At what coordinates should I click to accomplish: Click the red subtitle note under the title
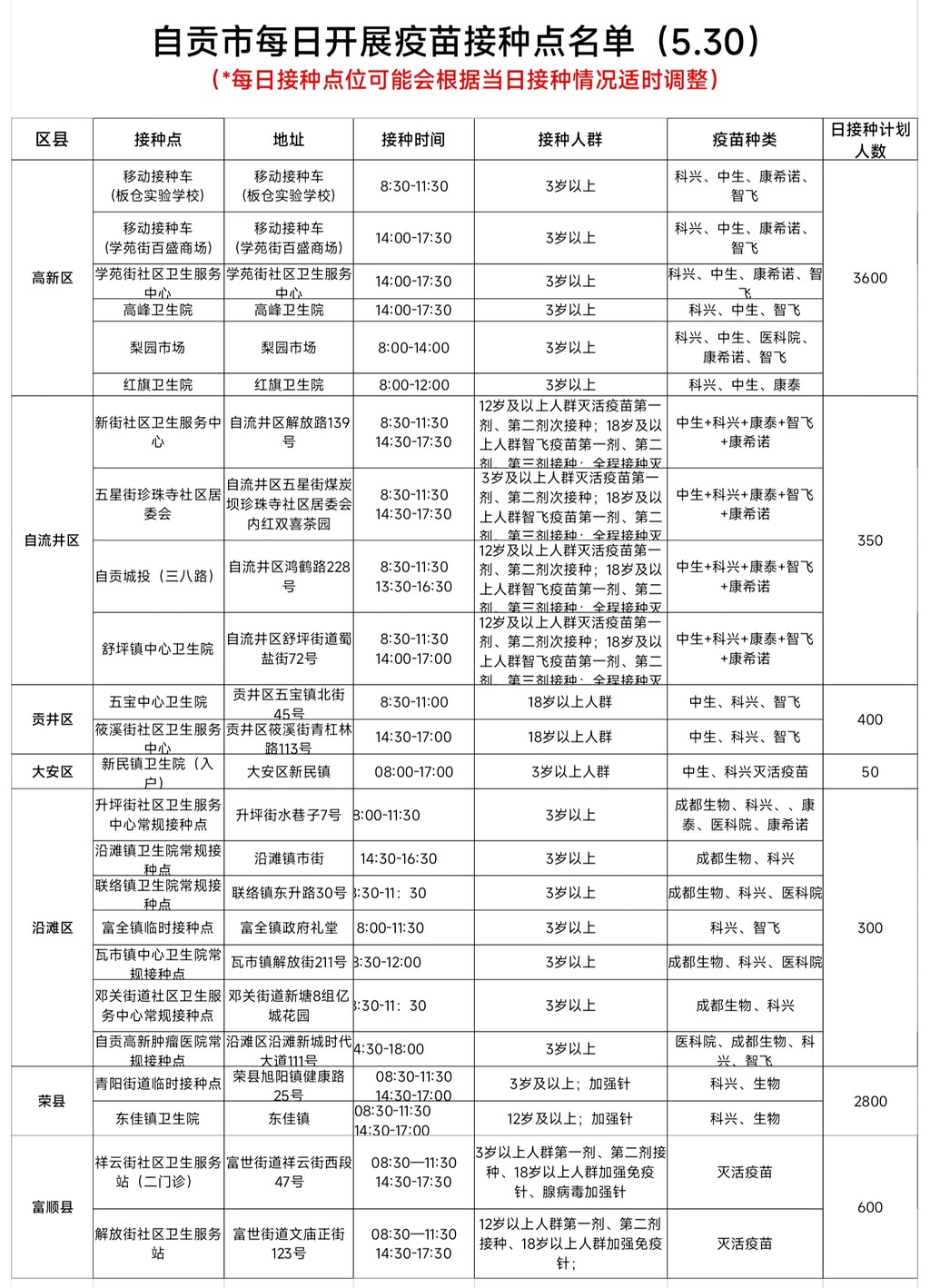click(x=465, y=81)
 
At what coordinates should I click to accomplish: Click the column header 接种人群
click(x=569, y=140)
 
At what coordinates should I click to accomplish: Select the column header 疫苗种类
click(x=744, y=140)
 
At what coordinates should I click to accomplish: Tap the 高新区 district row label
click(x=52, y=278)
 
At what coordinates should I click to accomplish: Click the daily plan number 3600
click(x=869, y=278)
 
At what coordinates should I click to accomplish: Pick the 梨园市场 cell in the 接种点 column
click(x=158, y=348)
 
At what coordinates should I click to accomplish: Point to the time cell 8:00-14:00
click(x=413, y=348)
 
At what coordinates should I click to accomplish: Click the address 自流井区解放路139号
click(x=289, y=432)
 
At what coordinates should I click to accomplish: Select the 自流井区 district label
click(x=52, y=540)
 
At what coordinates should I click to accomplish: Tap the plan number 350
click(x=869, y=540)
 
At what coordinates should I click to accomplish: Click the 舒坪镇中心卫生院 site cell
click(x=158, y=649)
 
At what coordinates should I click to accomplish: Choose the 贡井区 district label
click(x=52, y=719)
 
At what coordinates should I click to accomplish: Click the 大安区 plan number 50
click(x=869, y=772)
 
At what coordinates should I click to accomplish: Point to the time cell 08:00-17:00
click(x=413, y=772)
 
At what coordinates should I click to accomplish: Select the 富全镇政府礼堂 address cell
click(x=289, y=928)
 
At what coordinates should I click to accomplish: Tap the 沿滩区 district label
click(x=52, y=928)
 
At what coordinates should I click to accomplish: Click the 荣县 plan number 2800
click(x=869, y=1102)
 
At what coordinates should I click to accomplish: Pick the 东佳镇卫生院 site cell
click(x=158, y=1119)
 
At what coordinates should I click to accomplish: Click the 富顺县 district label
click(x=52, y=1207)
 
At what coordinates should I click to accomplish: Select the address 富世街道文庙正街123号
click(x=289, y=1243)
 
